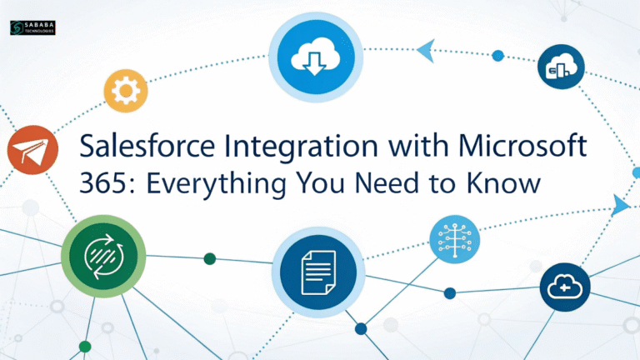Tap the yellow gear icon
[126, 89]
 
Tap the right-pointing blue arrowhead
[620, 204]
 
